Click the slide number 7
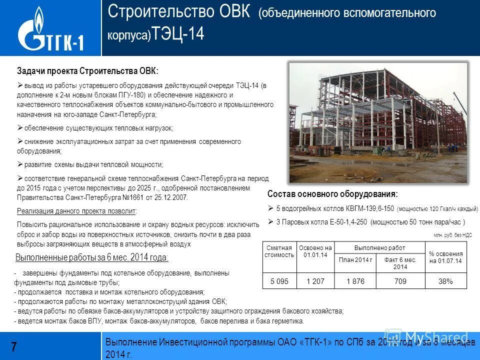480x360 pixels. [x=14, y=346]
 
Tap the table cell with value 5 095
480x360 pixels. [x=279, y=281]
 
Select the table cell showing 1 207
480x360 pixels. [x=315, y=281]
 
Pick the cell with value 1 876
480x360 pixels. [x=355, y=281]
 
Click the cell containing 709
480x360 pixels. [x=400, y=281]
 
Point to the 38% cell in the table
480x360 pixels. [x=445, y=281]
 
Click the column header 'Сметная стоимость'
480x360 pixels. [x=279, y=251]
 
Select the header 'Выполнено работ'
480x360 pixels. [x=379, y=248]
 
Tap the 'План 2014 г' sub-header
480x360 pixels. [x=355, y=259]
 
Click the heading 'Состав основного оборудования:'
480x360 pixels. [x=332, y=194]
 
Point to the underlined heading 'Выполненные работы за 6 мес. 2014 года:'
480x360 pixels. [x=92, y=258]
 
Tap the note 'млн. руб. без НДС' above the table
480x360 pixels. [x=452, y=234]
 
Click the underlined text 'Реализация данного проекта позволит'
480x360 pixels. [x=76, y=211]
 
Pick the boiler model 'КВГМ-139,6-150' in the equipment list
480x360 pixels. [x=369, y=208]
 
